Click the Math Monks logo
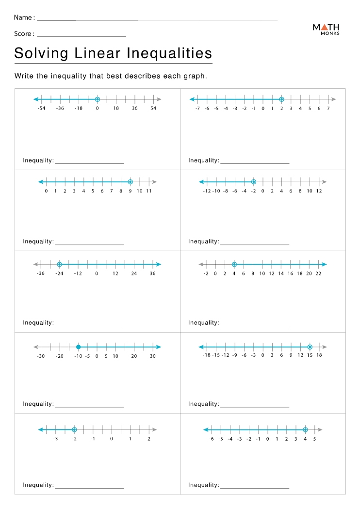(326, 29)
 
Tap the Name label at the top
(24, 17)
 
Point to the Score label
(24, 34)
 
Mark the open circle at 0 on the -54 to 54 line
(97, 99)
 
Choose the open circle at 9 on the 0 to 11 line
(130, 182)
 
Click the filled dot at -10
(78, 347)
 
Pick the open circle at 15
(310, 347)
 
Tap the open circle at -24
(59, 264)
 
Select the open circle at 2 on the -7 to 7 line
(281, 99)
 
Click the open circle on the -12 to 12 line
(253, 182)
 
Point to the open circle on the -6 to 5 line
(305, 429)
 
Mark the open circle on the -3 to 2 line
(74, 429)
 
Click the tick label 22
(318, 273)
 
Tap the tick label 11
(149, 191)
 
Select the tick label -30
(41, 356)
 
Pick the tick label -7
(197, 109)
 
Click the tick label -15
(215, 355)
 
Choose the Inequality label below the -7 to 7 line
(204, 160)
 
